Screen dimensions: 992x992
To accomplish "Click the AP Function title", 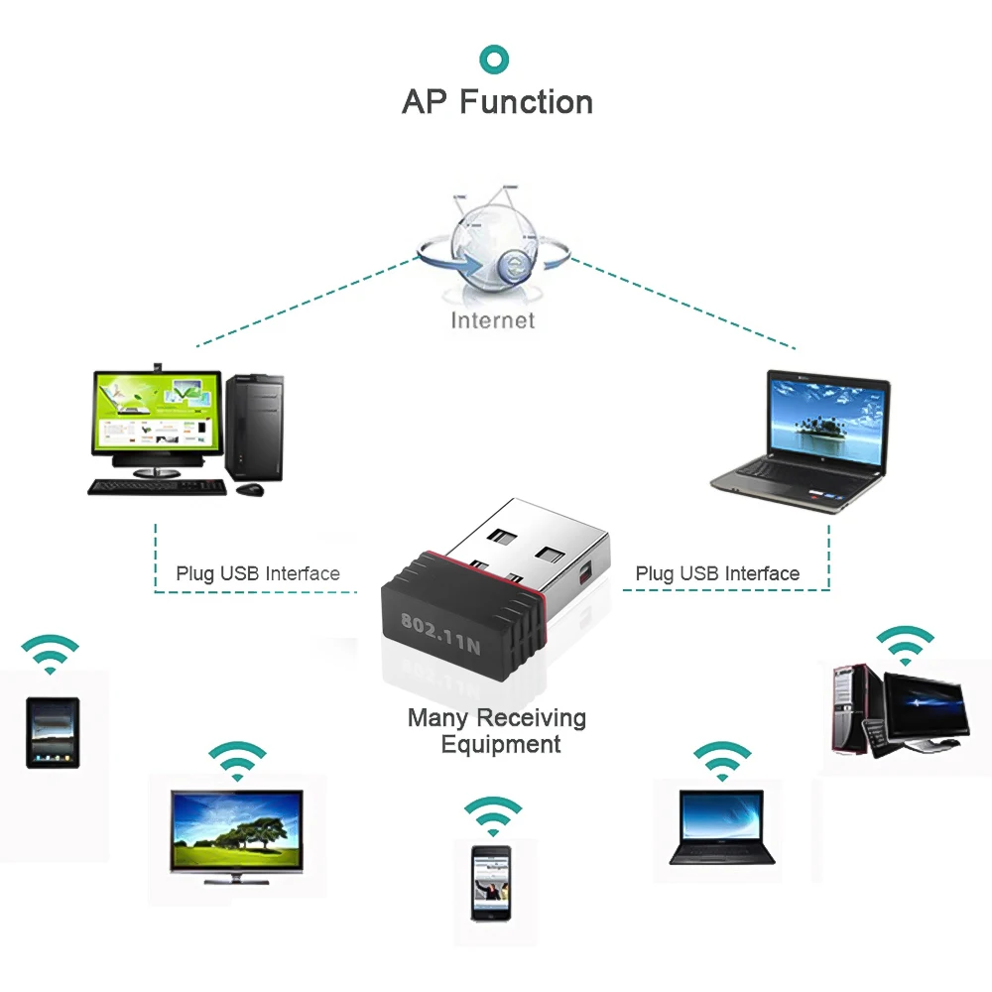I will coord(497,102).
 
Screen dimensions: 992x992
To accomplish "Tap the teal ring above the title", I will coord(495,58).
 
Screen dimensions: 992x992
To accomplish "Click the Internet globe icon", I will coord(493,244).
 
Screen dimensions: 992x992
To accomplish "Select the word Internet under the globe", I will coord(493,319).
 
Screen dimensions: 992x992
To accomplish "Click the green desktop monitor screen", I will coord(157,413).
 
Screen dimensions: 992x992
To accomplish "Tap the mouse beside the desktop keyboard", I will coord(249,489).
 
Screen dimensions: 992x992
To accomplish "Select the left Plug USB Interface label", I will coord(258,573).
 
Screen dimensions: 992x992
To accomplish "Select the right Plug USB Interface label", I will coord(717,573).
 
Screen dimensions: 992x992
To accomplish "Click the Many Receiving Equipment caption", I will coord(497,730).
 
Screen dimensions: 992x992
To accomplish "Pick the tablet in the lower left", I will coord(52,733).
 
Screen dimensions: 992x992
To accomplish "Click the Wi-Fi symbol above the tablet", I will coord(51,654).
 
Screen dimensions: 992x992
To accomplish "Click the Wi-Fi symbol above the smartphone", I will coord(493,813).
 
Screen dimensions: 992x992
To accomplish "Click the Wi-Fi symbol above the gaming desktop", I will coord(904,645).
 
